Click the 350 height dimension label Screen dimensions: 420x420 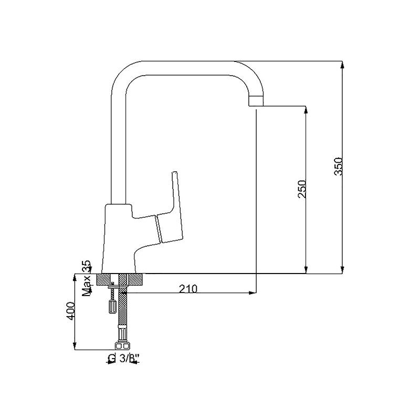click(339, 166)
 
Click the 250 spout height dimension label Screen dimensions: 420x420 click(302, 189)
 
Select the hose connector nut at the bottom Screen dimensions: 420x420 click(122, 345)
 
